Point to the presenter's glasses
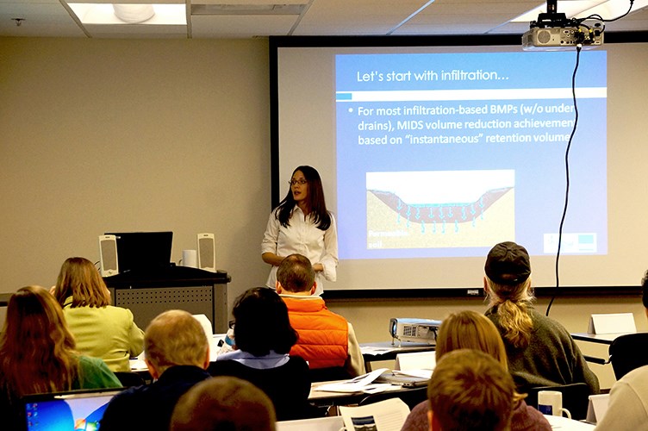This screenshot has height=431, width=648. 298,182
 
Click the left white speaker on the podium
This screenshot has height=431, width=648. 109,254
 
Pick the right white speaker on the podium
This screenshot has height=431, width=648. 206,252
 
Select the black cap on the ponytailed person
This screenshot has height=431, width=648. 508,262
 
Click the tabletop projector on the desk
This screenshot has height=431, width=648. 414,329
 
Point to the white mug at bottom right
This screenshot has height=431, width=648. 548,403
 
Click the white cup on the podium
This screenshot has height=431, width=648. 189,258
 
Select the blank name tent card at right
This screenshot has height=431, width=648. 612,323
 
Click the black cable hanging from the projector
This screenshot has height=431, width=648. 566,172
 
